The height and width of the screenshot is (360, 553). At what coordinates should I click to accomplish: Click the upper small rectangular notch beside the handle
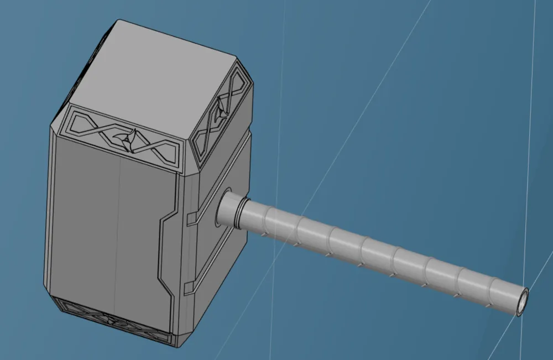[x=191, y=220]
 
